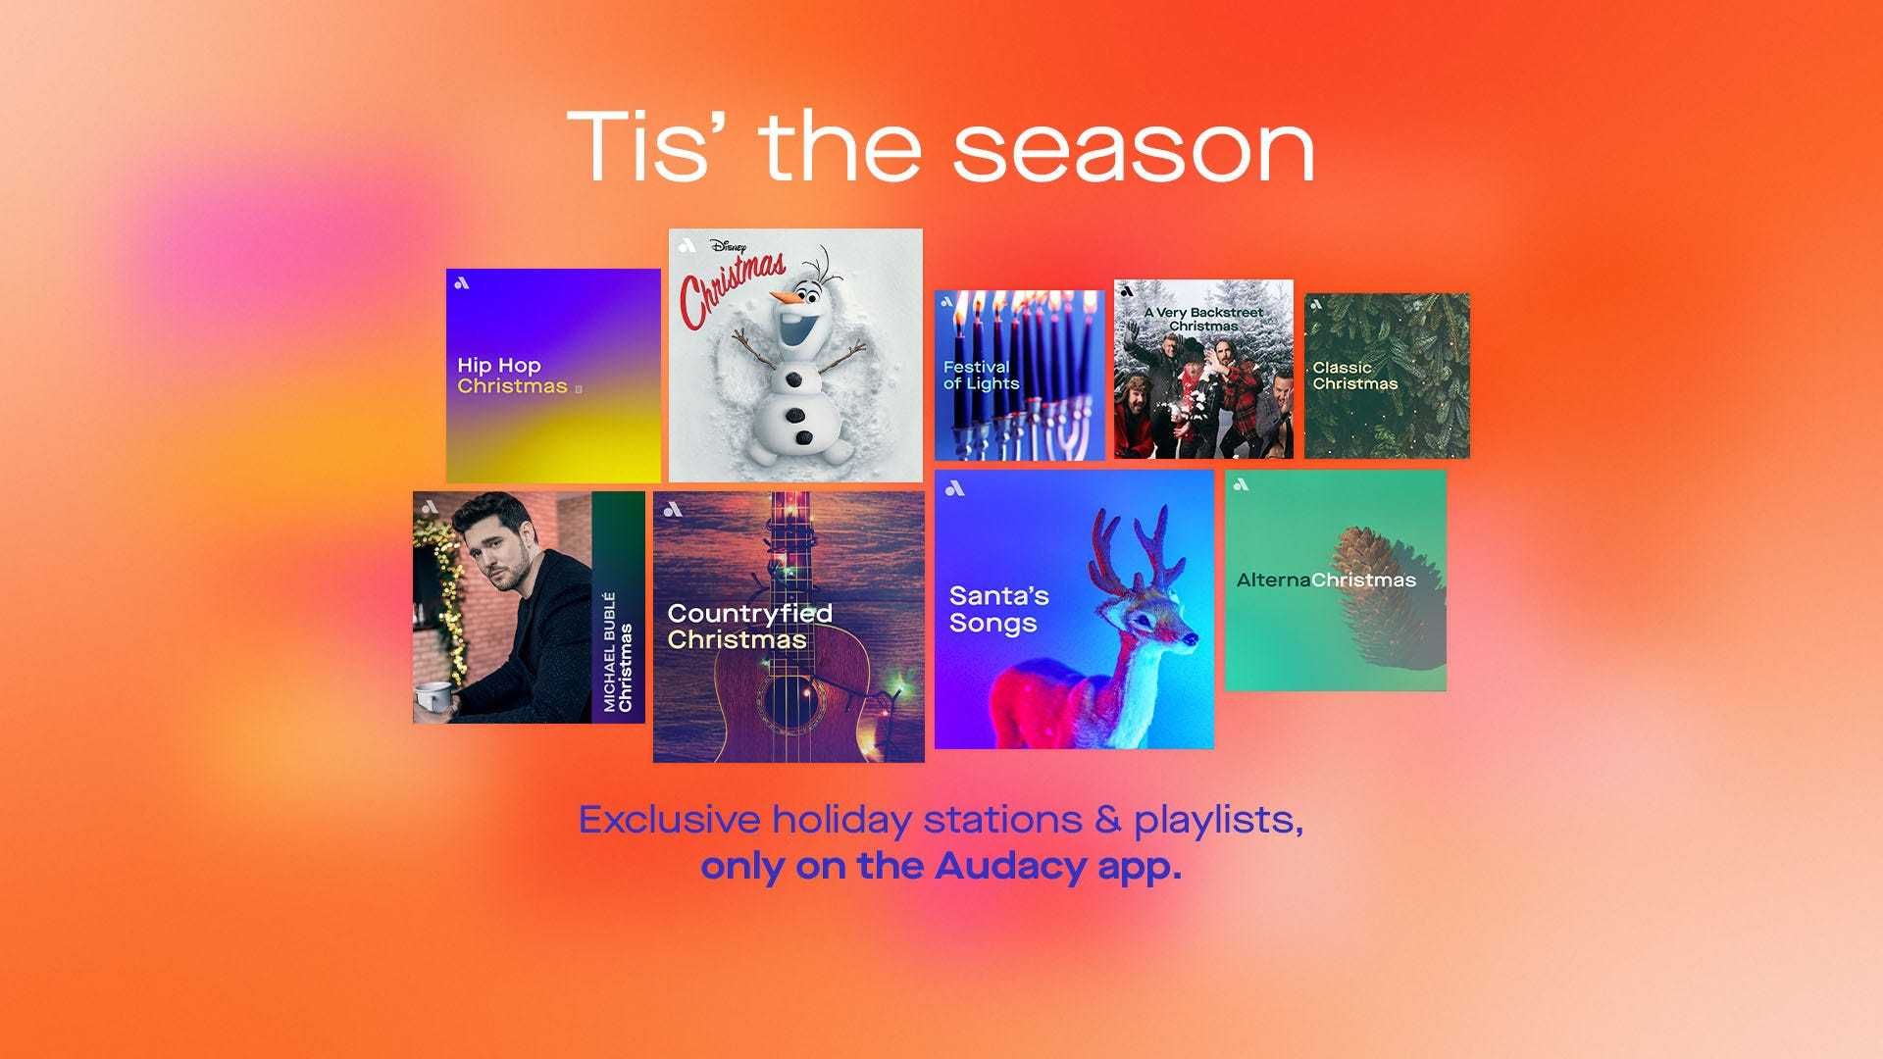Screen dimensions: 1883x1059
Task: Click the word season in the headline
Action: (x=1134, y=149)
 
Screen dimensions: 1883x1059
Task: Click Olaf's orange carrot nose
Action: (x=786, y=295)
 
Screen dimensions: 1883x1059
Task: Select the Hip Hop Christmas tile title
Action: (x=513, y=376)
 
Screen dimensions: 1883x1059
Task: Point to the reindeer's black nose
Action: (x=1193, y=639)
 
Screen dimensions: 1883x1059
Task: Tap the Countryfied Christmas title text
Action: (x=750, y=627)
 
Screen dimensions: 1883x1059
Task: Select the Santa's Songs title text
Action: (x=999, y=609)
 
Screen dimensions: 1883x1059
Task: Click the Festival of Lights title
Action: (x=981, y=375)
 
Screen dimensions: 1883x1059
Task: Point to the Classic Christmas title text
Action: (x=1355, y=376)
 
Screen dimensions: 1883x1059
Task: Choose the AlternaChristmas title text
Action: (x=1326, y=580)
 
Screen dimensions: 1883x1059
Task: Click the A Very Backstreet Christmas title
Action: (x=1204, y=319)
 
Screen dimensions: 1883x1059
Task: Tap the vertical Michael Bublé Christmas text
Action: (x=618, y=652)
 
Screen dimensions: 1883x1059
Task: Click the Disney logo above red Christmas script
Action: (x=727, y=247)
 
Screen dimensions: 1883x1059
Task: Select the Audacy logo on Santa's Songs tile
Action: (x=956, y=488)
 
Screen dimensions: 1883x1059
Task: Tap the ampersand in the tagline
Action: (x=1107, y=820)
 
